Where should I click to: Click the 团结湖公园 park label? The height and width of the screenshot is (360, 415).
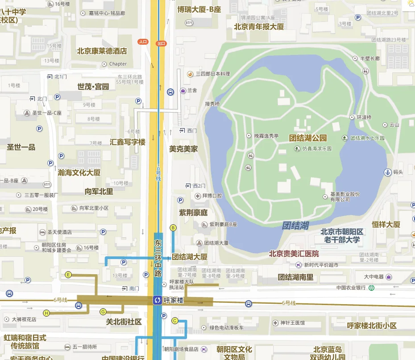308,138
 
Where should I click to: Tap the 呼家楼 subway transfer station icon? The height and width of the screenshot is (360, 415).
157,300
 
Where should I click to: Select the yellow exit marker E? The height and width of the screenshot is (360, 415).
68,275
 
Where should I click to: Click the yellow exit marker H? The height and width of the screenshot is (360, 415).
46,313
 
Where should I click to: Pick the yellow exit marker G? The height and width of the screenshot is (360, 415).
103,311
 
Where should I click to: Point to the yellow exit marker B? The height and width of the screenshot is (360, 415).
173,228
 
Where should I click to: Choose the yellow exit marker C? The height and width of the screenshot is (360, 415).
174,320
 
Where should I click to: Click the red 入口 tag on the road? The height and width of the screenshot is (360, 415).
143,42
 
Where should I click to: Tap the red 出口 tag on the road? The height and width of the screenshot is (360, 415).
161,43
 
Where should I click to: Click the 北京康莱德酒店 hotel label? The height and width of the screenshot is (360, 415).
102,51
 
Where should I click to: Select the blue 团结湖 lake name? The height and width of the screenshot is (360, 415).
295,226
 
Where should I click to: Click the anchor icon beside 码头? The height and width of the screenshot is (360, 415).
387,172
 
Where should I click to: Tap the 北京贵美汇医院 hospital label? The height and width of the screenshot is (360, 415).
294,254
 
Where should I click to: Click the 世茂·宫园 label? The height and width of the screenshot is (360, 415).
93,87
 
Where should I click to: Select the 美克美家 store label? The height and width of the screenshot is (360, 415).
183,149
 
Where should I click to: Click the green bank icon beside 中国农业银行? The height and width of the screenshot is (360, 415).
370,288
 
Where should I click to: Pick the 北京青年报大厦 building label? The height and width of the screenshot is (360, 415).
259,26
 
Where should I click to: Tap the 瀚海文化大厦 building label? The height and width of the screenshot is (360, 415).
79,172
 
